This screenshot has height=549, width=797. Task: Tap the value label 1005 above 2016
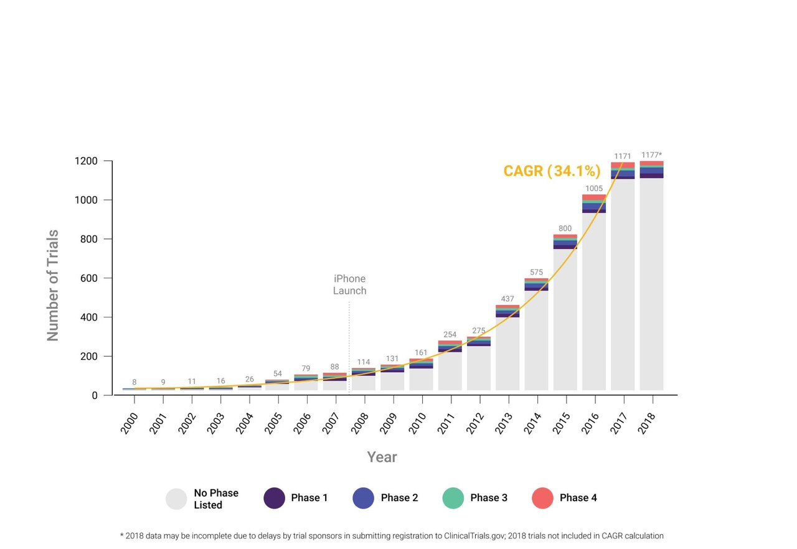click(594, 189)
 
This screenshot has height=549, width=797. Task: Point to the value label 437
click(507, 299)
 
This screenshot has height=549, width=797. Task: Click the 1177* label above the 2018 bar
click(651, 155)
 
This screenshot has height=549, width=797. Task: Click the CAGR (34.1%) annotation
click(552, 171)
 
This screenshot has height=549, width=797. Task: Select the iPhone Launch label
click(349, 284)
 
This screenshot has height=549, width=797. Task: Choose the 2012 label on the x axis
click(476, 423)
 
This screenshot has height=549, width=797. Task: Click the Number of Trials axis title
click(53, 285)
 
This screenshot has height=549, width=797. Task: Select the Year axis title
click(382, 457)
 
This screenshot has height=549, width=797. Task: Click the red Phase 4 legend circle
click(542, 498)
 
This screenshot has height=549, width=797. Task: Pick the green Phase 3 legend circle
click(453, 498)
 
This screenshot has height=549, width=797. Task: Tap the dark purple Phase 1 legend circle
click(274, 498)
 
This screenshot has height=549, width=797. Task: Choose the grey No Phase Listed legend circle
click(176, 499)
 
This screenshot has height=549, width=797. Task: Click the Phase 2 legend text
click(399, 498)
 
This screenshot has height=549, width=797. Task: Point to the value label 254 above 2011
click(450, 334)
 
